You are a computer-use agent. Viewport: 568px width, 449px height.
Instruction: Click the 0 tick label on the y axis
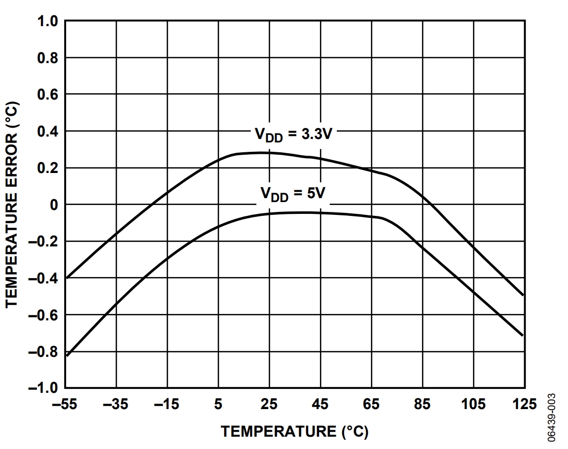(54, 205)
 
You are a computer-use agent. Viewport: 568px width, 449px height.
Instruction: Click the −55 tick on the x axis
(65, 405)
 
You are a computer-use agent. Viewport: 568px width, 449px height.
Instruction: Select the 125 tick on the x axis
(524, 405)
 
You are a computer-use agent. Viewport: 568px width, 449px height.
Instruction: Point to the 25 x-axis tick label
(269, 405)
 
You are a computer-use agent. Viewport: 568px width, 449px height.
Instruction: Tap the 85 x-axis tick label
(422, 405)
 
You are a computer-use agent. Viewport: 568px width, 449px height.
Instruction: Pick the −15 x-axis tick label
(167, 405)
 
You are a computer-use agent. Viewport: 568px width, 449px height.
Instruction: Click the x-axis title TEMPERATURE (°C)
(294, 431)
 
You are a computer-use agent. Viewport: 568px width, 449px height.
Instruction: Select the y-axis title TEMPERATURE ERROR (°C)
(13, 205)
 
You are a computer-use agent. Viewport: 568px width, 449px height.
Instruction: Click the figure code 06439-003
(552, 417)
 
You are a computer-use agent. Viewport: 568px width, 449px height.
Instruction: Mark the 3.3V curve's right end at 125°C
(523, 295)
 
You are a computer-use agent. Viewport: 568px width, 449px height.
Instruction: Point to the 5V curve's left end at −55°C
(66, 355)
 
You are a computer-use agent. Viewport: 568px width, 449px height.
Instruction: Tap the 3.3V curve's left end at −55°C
(66, 277)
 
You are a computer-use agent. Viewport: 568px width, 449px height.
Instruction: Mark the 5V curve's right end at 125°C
(523, 336)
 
